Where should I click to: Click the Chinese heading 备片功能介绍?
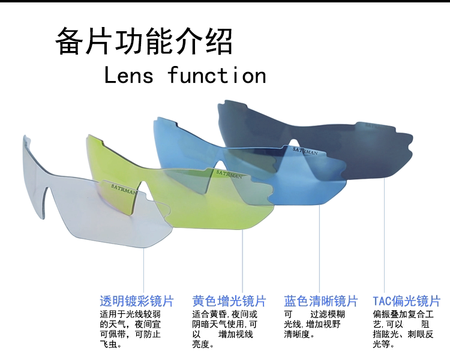pyautogui.click(x=144, y=41)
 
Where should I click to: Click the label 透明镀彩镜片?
pyautogui.click(x=136, y=301)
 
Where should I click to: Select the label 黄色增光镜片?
pyautogui.click(x=229, y=301)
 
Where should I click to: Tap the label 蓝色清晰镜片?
pyautogui.click(x=320, y=301)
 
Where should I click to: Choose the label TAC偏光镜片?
pyautogui.click(x=406, y=301)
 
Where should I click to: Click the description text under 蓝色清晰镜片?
pyautogui.click(x=313, y=324)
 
